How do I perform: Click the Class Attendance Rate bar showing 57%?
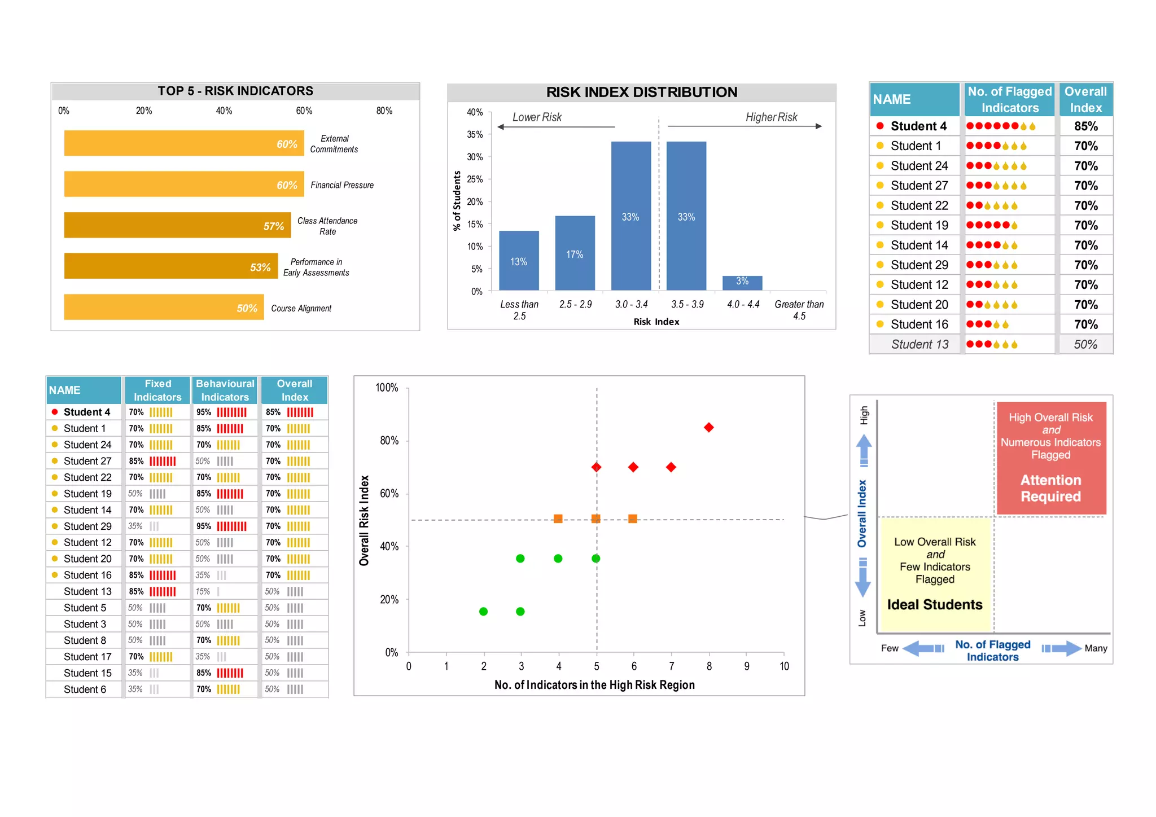point(177,225)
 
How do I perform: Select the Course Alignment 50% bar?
point(164,307)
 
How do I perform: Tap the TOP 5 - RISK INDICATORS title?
point(235,91)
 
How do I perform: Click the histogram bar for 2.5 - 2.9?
point(575,253)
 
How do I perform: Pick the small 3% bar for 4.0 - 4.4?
point(742,283)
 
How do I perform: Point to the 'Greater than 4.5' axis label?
point(799,310)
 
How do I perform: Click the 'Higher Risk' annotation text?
point(771,117)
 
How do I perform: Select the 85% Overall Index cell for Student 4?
point(1085,126)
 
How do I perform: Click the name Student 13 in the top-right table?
point(919,344)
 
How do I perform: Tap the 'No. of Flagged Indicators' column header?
point(1009,99)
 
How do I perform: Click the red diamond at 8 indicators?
point(709,427)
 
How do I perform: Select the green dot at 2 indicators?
point(483,612)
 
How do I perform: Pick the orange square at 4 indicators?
point(558,519)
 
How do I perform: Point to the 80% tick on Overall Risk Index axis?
point(389,441)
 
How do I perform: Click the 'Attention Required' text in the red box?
point(1050,488)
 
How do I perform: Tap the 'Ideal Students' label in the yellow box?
point(935,604)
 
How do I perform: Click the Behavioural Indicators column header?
point(225,390)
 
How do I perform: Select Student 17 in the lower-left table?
point(87,657)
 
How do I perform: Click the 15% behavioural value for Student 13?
point(203,591)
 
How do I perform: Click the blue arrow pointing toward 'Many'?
point(1061,648)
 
